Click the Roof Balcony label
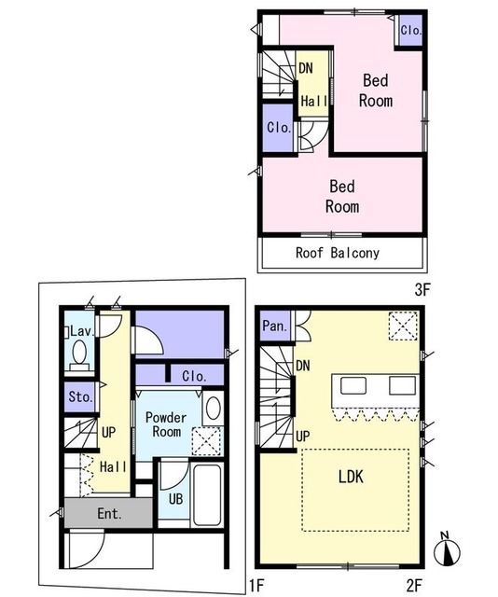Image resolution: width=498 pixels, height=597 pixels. [x=338, y=253]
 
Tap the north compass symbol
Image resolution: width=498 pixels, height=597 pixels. [x=447, y=550]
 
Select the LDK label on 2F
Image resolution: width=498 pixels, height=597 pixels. [x=351, y=477]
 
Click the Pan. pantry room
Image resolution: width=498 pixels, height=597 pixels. [x=275, y=326]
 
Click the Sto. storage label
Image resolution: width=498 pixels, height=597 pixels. [x=80, y=397]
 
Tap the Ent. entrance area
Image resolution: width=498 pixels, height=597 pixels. [x=108, y=512]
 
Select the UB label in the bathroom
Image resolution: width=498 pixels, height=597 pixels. [x=175, y=498]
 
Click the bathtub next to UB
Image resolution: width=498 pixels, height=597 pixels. [x=207, y=494]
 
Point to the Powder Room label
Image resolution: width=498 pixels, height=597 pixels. [x=166, y=424]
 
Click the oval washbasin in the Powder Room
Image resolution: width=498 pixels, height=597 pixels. [x=214, y=408]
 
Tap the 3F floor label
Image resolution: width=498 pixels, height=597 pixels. [x=422, y=290]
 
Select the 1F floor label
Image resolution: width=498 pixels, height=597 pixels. [x=256, y=585]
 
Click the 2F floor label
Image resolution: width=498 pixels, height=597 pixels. [x=414, y=585]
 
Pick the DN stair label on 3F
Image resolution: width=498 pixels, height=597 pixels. [x=306, y=68]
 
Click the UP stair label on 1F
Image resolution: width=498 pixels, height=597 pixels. [x=108, y=433]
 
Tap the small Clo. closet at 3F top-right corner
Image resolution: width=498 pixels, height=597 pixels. [x=411, y=30]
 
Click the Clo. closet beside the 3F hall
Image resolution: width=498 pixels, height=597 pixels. [x=279, y=128]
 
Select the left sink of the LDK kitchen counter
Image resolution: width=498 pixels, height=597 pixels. [x=353, y=385]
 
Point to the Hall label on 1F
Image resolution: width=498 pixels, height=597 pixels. [x=113, y=466]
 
